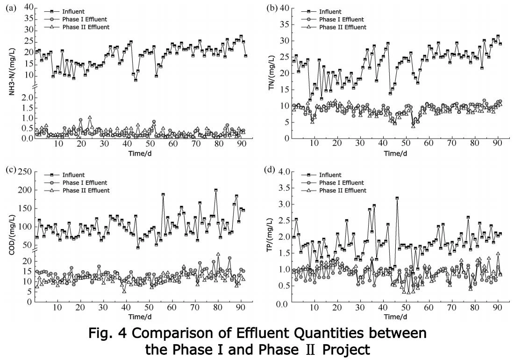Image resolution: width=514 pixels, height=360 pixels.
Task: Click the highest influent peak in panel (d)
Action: (x=397, y=198)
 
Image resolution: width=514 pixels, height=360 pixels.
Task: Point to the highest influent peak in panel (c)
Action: (x=216, y=190)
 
